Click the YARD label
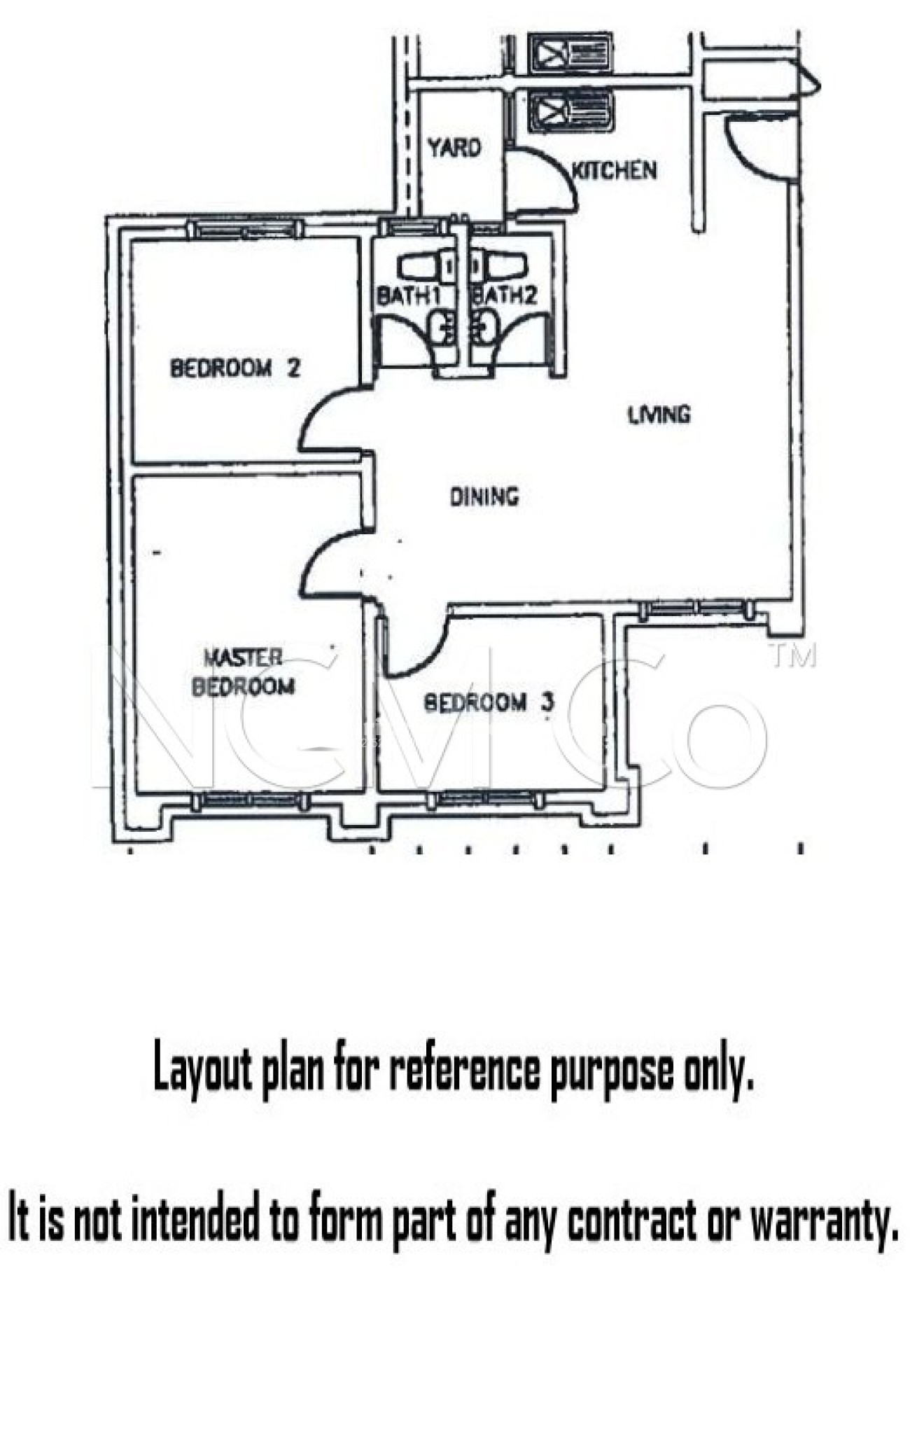click(x=454, y=148)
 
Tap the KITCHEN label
click(x=615, y=170)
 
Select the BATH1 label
click(x=408, y=295)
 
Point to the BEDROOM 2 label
click(x=235, y=368)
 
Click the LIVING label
click(x=659, y=415)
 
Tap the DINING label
click(x=484, y=496)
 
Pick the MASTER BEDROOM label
click(x=243, y=672)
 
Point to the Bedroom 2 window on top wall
click(x=245, y=228)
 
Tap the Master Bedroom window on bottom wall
click(x=250, y=800)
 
